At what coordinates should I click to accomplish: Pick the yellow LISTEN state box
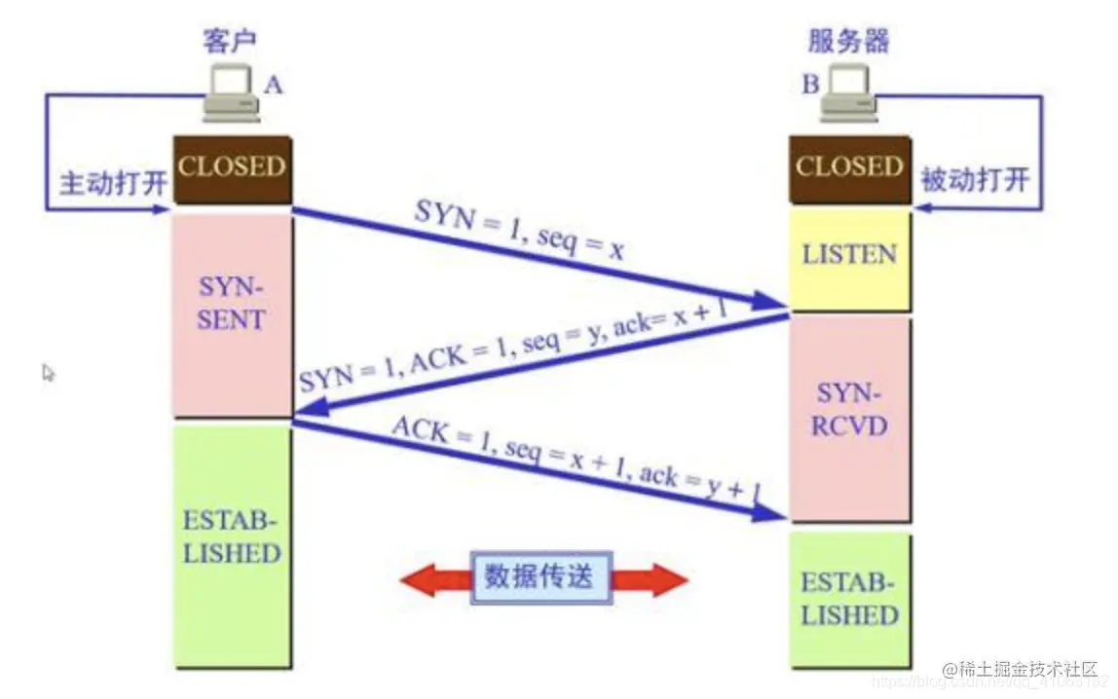849,257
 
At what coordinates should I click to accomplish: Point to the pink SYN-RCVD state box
849,419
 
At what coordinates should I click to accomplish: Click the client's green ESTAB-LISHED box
232,545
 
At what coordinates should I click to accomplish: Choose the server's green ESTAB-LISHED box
849,598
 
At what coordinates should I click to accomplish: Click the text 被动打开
975,180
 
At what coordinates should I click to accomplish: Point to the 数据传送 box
538,578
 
